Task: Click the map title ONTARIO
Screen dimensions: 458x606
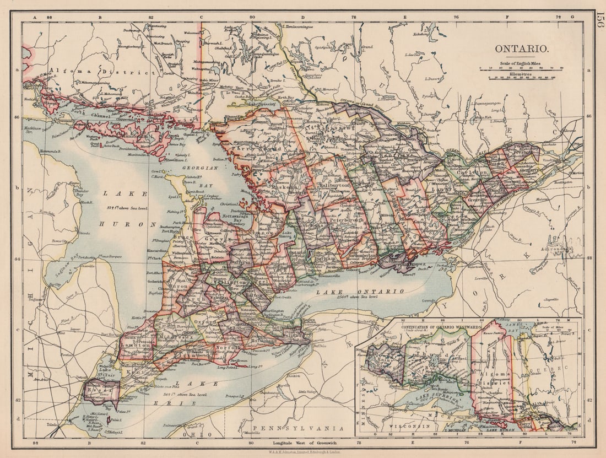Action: [521, 49]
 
